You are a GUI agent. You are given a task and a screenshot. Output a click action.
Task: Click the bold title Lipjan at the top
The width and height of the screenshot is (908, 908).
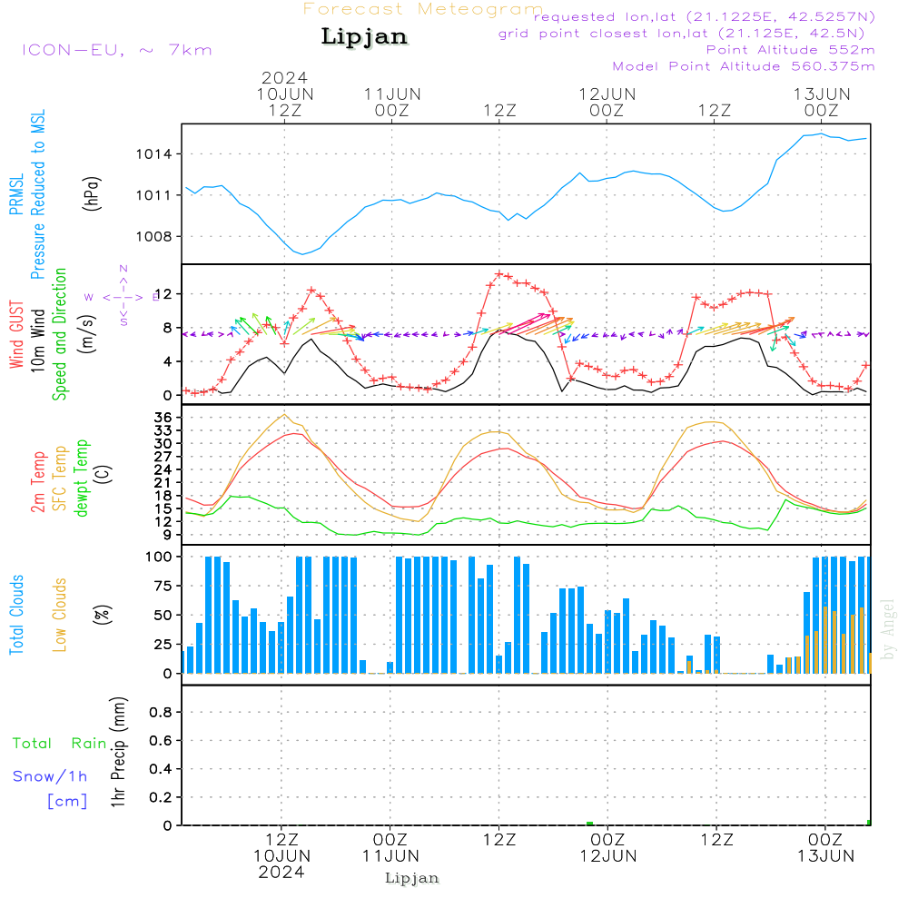coord(364,37)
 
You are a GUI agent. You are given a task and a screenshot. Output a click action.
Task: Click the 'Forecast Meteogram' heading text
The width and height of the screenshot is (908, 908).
coord(423,9)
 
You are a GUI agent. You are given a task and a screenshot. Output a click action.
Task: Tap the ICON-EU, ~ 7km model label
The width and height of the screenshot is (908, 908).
coord(116,50)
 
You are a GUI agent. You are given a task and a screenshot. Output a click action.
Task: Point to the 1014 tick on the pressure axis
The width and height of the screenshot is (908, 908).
coord(155,153)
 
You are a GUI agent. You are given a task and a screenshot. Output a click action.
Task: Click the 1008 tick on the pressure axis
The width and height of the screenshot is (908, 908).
coord(155,236)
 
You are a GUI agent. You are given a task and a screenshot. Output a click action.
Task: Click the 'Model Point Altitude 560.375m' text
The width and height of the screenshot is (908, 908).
coord(744,66)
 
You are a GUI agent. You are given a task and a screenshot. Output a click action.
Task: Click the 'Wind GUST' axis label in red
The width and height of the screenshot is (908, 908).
coord(16,337)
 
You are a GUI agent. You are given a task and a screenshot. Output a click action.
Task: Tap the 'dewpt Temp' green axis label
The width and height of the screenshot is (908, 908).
coord(81,478)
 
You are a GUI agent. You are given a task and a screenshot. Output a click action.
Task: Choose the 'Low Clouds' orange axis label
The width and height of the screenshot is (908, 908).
coord(60,614)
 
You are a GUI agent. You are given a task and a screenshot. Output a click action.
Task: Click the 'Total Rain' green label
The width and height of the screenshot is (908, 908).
coord(60,743)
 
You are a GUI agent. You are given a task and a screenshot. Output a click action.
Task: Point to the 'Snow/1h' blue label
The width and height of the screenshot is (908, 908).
coord(50,776)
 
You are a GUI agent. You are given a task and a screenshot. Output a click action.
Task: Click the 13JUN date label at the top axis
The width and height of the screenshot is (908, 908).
coord(822,94)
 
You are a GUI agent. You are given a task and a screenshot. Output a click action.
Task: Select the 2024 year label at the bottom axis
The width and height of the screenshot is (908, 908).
coord(282,873)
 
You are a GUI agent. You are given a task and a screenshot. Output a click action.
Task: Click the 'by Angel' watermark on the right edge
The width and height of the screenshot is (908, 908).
coord(889,628)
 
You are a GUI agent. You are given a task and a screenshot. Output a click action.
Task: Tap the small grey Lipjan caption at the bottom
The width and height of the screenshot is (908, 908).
coord(412,878)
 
